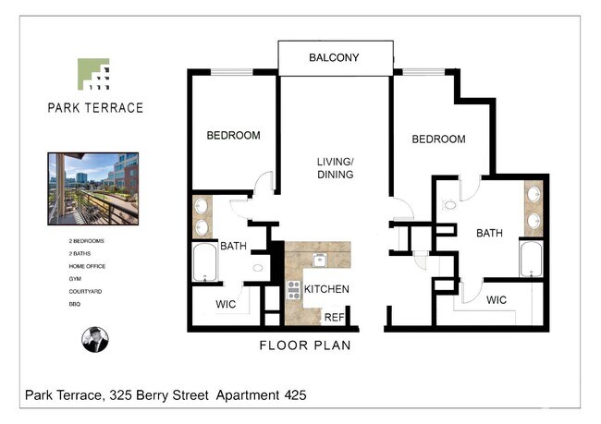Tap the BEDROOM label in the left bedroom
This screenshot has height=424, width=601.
233,136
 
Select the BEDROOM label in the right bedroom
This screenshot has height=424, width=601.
438,139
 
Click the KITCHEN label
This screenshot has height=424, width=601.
326,289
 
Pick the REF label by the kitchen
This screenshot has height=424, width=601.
333,317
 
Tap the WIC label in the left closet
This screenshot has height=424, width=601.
227,303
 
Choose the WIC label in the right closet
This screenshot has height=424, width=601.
496,300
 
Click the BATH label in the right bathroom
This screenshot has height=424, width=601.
489,234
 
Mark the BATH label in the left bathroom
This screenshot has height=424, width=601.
232,246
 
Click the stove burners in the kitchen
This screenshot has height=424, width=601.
294,290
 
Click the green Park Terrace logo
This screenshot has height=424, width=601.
93,74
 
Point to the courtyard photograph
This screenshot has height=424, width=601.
92,188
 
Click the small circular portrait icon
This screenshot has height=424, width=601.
95,339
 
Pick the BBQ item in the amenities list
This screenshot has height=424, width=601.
73,304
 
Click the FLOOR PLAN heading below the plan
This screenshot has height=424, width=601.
303,346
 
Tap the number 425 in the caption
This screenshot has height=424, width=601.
289,395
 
